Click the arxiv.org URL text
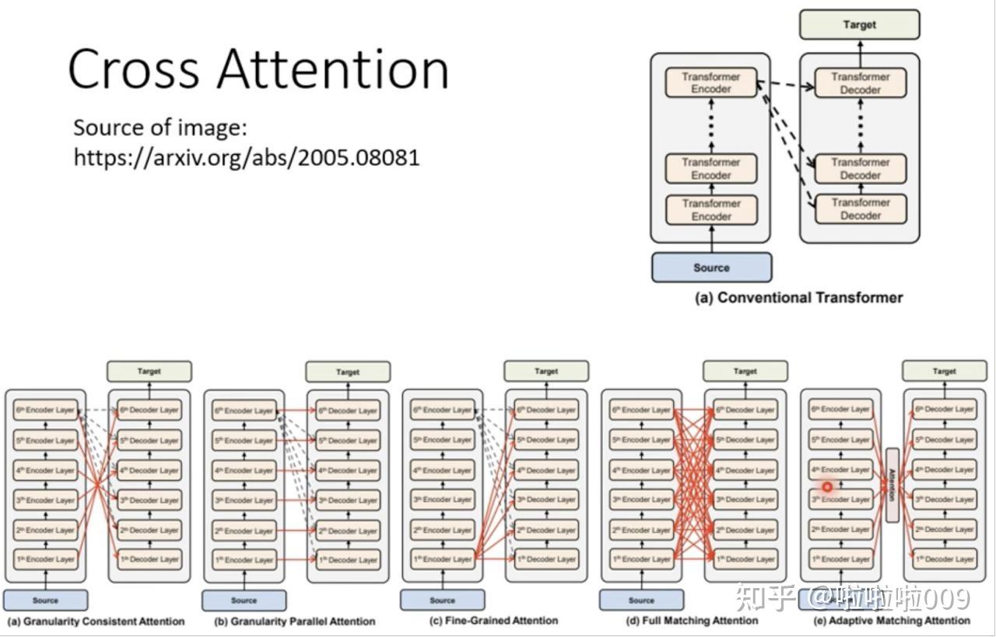[247, 157]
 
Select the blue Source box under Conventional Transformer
[711, 268]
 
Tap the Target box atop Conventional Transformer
[859, 25]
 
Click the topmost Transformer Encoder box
[711, 83]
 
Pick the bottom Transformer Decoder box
[860, 209]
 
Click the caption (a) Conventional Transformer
[798, 298]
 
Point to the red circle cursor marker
[827, 488]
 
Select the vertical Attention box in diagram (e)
[892, 485]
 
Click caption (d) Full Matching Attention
[692, 621]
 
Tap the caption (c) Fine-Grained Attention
[493, 621]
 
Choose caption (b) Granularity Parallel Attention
[294, 621]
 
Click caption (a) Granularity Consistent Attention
[96, 621]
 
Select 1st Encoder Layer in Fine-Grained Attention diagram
[442, 559]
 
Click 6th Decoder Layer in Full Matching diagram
[745, 410]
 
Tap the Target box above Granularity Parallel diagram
[348, 372]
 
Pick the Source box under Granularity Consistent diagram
[45, 600]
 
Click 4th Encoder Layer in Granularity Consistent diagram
[45, 471]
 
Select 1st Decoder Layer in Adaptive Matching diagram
[944, 559]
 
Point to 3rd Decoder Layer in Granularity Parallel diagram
[348, 500]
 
